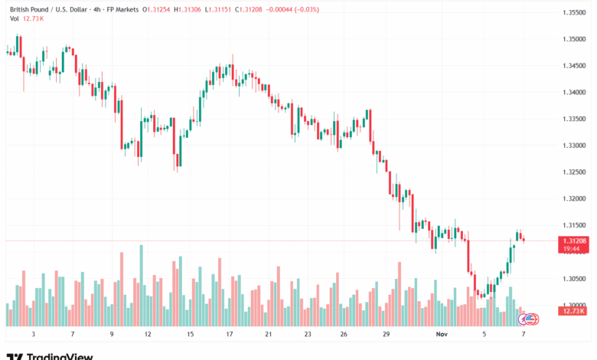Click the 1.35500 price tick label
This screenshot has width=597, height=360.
[574, 12]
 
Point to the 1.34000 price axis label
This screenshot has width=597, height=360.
[574, 92]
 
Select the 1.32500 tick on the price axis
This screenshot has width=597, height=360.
[574, 172]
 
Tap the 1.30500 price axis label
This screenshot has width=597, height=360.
[574, 279]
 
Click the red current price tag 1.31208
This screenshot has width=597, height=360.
[573, 241]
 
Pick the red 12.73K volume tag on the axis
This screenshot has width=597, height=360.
[573, 311]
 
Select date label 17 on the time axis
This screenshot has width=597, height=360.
[229, 335]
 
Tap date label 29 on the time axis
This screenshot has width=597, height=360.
[387, 335]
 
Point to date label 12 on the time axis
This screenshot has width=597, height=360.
[147, 335]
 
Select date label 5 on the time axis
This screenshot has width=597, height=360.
[484, 335]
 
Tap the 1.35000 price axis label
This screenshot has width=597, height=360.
[574, 38]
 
